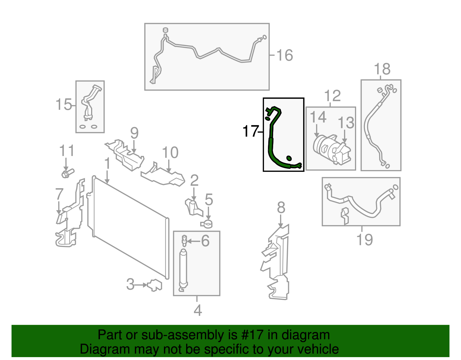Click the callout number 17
(x=250, y=131)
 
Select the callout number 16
(x=284, y=55)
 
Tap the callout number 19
(x=364, y=240)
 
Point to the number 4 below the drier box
(x=198, y=310)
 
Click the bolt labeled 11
(x=67, y=173)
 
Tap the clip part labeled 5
(x=206, y=223)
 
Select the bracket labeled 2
(x=192, y=207)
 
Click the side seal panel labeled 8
(x=277, y=262)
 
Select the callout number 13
(x=346, y=123)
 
